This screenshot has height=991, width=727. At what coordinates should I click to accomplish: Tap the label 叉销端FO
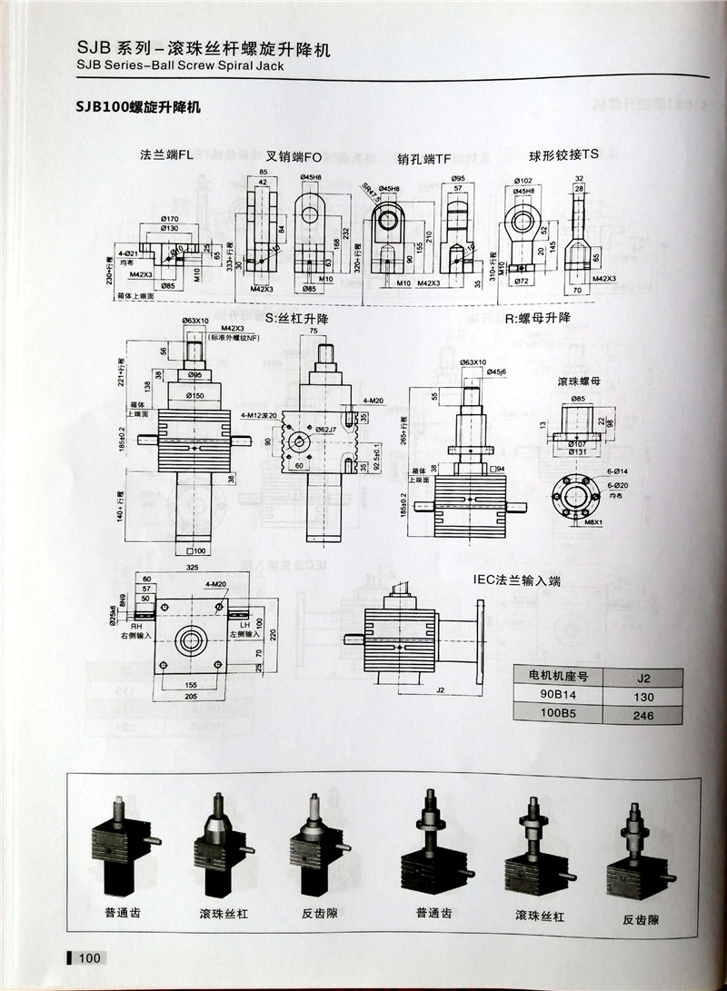[294, 154]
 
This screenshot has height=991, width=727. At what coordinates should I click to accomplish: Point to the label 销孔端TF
[423, 158]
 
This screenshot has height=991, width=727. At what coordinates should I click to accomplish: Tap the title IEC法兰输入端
[516, 580]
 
